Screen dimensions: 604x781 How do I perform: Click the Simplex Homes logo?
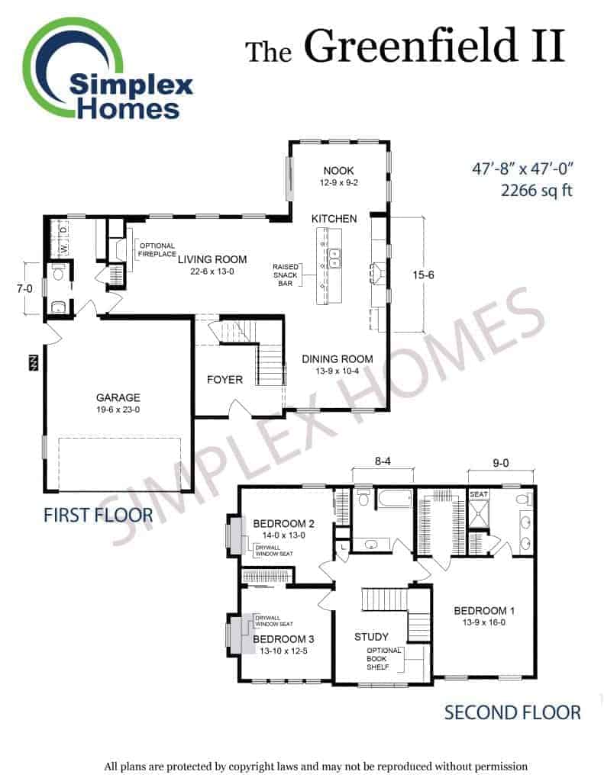click(x=107, y=69)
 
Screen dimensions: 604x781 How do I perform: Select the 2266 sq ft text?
click(x=536, y=191)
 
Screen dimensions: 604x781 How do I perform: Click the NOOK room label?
click(x=339, y=171)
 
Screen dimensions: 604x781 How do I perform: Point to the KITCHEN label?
click(x=334, y=219)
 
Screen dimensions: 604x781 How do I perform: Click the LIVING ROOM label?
click(x=212, y=259)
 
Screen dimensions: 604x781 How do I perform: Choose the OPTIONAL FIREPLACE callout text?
click(x=157, y=250)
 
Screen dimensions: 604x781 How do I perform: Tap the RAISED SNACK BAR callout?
click(x=286, y=275)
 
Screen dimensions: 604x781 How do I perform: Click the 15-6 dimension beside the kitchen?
click(x=423, y=275)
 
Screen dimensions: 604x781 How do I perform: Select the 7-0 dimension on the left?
click(x=24, y=288)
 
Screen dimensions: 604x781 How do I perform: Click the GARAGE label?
click(x=118, y=397)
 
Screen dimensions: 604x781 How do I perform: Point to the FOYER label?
click(x=225, y=380)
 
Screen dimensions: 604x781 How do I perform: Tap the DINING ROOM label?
click(x=338, y=359)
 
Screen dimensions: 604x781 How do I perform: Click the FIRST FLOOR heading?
click(x=99, y=516)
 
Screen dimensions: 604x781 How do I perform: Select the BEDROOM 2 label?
click(x=284, y=523)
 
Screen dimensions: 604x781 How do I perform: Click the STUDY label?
click(x=371, y=637)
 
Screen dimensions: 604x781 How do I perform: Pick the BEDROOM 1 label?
click(x=484, y=611)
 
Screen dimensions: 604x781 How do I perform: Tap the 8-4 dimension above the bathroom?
click(x=383, y=461)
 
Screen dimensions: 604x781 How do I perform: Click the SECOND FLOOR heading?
click(x=512, y=713)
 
